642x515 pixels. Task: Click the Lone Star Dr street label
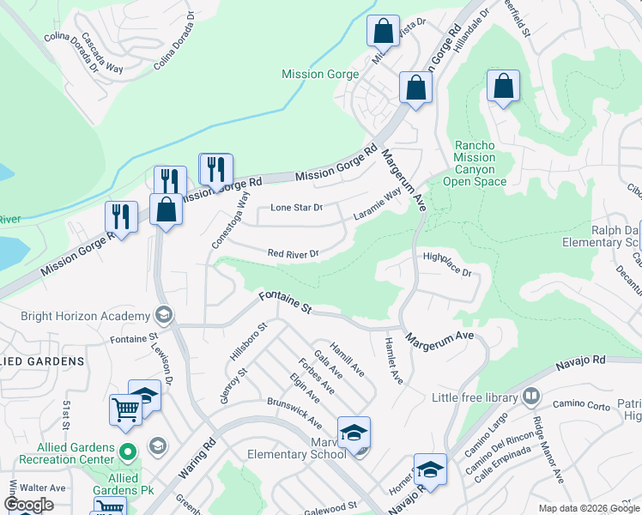[x=296, y=208]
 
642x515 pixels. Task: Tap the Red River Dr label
[x=294, y=254]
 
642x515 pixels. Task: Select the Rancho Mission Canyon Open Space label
[x=475, y=163]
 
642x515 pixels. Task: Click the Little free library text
[x=475, y=397]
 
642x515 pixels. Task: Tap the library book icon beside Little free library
[x=531, y=397]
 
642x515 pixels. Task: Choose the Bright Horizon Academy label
[x=76, y=315]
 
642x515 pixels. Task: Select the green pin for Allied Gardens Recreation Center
[x=127, y=449]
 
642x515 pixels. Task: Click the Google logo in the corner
[x=28, y=505]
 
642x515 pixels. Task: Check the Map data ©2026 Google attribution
[x=587, y=508]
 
